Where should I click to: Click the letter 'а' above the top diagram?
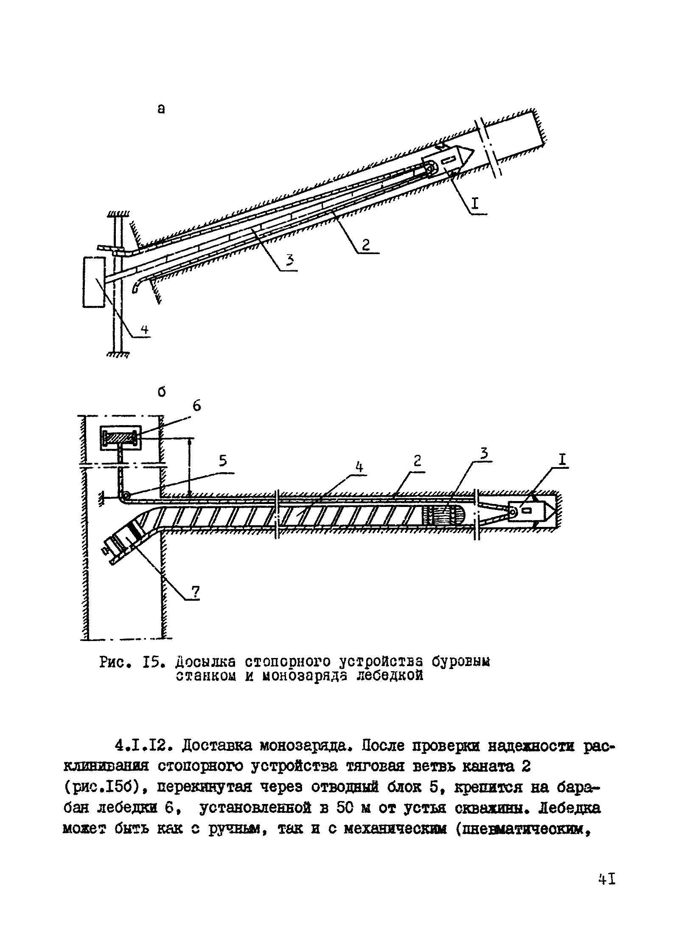point(161,109)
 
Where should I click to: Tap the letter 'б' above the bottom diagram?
point(161,392)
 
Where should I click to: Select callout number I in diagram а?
point(474,204)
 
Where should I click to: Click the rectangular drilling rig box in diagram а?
point(94,282)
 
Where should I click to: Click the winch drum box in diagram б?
point(120,438)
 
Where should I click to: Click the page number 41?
point(606,879)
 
